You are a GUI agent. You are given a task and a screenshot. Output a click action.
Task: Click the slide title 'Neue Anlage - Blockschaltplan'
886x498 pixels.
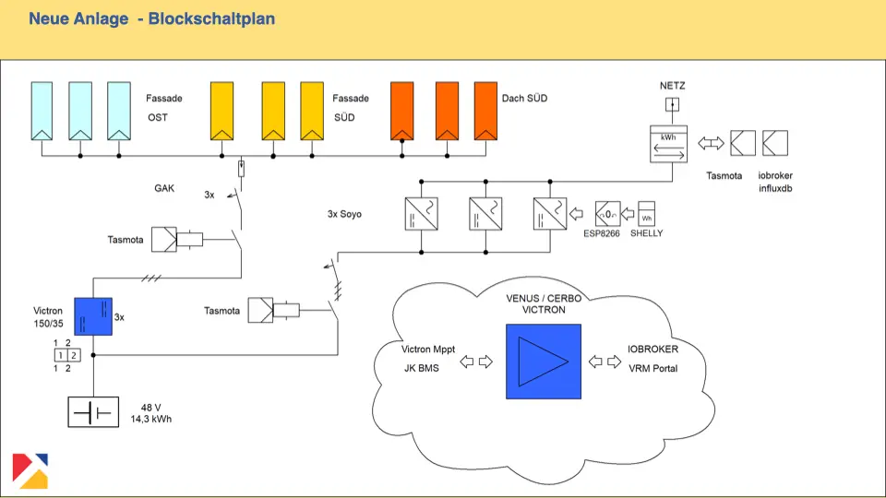[151, 18]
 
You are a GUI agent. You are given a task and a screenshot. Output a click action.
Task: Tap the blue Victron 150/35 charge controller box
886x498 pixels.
[93, 316]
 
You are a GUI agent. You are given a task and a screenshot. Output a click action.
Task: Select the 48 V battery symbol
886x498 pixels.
[93, 411]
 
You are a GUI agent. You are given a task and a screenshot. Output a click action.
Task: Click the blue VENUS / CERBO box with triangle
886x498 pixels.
[543, 361]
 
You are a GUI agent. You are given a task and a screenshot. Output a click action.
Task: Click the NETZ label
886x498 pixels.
[672, 86]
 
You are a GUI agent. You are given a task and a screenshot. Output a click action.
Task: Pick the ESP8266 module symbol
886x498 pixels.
[608, 214]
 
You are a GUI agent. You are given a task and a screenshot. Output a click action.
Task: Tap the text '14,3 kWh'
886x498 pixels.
[151, 419]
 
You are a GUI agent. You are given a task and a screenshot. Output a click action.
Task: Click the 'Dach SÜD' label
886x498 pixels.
[524, 98]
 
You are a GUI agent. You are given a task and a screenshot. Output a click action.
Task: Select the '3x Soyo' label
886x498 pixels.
[344, 214]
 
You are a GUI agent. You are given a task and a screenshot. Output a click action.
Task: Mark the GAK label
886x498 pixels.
[164, 188]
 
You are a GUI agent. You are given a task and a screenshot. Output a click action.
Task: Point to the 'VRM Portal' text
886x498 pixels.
[653, 369]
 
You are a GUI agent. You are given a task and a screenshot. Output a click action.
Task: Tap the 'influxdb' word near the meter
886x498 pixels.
[775, 188]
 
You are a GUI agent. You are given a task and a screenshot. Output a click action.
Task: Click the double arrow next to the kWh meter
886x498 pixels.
[711, 144]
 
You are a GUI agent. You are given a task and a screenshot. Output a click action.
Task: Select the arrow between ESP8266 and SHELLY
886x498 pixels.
[628, 215]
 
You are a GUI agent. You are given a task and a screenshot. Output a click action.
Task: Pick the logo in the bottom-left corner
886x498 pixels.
[30, 470]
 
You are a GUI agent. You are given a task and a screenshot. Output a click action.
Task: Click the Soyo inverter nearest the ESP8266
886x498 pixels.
[548, 214]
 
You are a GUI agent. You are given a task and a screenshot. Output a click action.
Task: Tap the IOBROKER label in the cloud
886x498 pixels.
[653, 350]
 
